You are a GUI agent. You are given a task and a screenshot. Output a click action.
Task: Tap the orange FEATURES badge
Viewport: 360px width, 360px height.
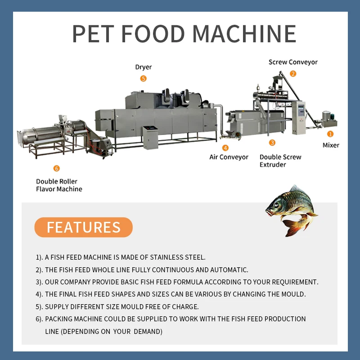click(83, 227)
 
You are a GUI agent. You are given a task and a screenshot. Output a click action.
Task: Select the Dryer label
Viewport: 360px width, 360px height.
click(144, 67)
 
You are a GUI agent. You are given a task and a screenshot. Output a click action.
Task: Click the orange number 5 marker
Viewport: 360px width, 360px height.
click(144, 78)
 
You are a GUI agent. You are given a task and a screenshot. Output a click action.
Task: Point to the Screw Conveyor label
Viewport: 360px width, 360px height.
click(293, 62)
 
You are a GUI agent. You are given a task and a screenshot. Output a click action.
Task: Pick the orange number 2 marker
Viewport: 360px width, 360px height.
click(293, 73)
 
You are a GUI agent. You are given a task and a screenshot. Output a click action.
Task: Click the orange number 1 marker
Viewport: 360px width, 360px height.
click(330, 134)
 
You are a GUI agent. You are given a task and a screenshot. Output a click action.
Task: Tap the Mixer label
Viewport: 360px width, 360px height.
click(331, 145)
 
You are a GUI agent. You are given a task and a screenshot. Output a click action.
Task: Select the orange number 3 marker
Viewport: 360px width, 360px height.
click(272, 143)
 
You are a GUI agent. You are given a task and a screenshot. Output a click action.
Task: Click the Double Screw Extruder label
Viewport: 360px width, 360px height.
click(280, 161)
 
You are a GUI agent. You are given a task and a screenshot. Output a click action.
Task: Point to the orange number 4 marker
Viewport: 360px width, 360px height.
click(225, 147)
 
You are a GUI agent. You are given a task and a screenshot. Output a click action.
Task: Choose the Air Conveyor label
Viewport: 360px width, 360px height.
click(229, 157)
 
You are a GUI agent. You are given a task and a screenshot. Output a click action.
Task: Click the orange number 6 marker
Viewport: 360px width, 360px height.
click(56, 168)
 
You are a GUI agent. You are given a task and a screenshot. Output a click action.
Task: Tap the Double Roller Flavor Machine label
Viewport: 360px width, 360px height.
click(59, 185)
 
